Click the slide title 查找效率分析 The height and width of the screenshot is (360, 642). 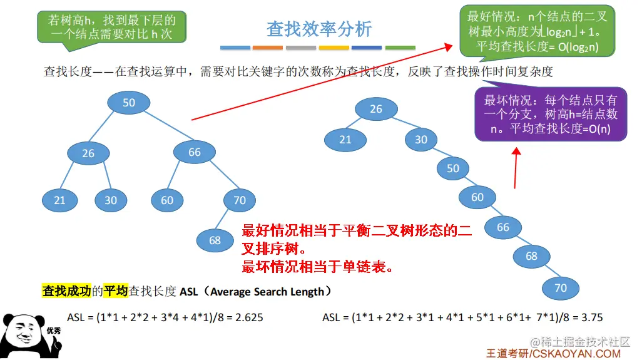pos(319,29)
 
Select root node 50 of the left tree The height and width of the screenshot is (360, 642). pos(129,103)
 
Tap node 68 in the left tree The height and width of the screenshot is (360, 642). pos(215,240)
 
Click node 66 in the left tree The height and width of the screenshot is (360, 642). pos(195,152)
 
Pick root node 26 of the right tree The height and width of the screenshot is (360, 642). pos(376,109)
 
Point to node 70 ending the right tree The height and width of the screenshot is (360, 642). pos(561,287)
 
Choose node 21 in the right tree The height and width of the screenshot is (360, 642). pos(345,140)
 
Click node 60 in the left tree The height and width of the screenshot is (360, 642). pos(167,200)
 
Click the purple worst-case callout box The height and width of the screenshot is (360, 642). pos(551,114)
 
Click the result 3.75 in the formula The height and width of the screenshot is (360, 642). pos(591,317)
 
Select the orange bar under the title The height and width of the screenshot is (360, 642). pos(268,48)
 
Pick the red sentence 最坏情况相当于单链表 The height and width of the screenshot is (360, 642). pos(318,267)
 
